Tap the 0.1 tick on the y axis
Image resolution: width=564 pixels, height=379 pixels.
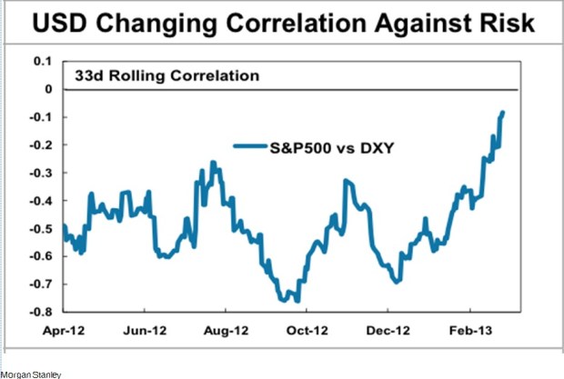coord(43,61)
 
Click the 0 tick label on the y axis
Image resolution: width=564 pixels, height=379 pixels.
coord(47,89)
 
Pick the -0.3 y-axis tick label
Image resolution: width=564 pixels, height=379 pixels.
coord(40,173)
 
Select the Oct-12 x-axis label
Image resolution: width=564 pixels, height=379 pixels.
coord(307,332)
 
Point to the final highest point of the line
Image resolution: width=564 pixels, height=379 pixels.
coord(502,113)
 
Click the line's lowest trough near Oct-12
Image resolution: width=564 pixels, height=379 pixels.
coord(297,300)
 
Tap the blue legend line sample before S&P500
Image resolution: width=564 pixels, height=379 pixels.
coord(247,145)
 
